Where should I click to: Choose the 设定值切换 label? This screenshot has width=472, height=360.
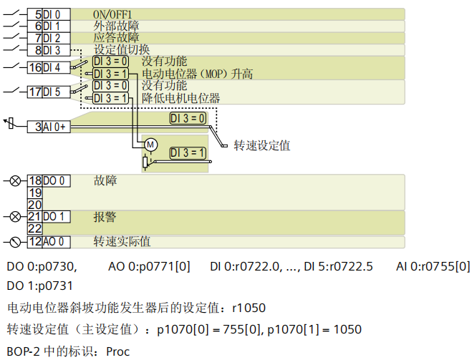click(122, 50)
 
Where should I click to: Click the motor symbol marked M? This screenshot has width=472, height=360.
click(150, 145)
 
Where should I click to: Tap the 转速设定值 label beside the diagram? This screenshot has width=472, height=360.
click(261, 145)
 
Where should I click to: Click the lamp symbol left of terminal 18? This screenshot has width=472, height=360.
click(15, 181)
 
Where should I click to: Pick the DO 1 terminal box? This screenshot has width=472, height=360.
click(56, 216)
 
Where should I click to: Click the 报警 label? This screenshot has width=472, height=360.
click(105, 216)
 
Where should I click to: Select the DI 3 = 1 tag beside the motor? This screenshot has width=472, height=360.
click(188, 152)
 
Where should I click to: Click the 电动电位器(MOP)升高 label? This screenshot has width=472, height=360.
click(197, 74)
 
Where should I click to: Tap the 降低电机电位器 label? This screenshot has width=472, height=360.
click(180, 98)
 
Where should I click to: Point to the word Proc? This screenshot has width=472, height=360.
click(120, 351)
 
